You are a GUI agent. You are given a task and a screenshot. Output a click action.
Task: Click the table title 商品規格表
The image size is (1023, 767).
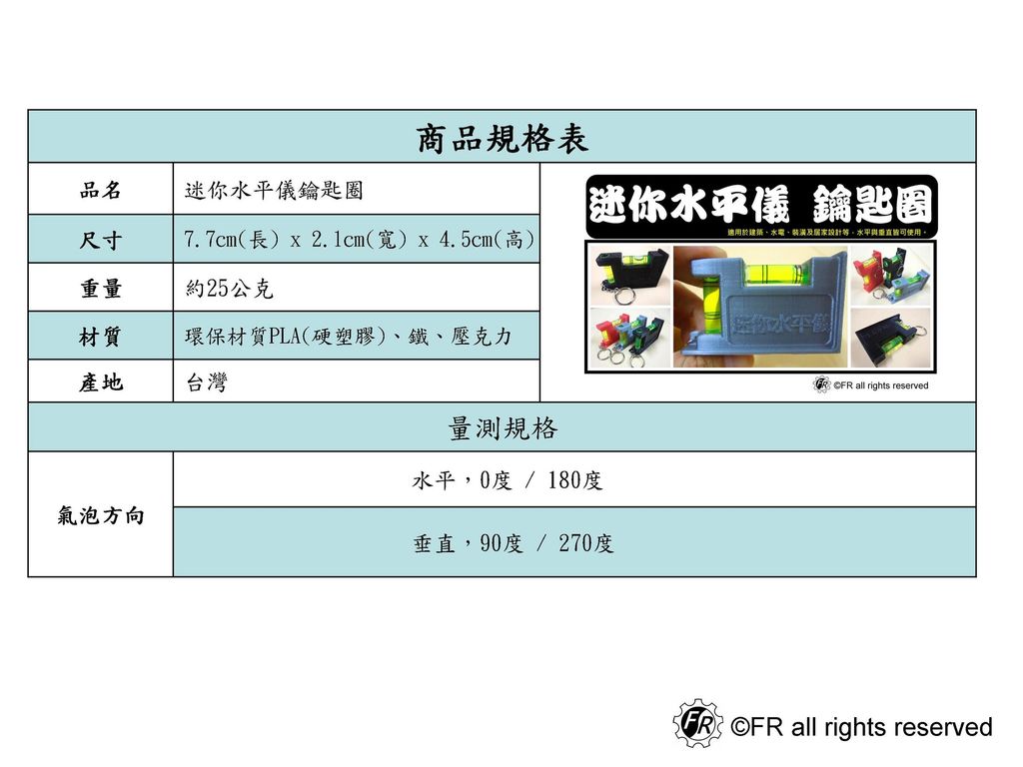coord(502,139)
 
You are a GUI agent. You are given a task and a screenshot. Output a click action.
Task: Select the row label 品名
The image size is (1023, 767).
coord(101,190)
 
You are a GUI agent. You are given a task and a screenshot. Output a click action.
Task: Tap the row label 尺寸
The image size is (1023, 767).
coord(101,241)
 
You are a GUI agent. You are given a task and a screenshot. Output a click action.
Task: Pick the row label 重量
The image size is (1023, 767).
coord(101,290)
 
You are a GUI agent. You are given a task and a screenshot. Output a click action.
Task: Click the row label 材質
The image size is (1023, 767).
coord(101,338)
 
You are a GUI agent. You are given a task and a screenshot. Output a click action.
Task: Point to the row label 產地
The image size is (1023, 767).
coord(101,383)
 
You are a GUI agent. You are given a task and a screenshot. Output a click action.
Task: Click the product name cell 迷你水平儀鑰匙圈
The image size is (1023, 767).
coord(267,190)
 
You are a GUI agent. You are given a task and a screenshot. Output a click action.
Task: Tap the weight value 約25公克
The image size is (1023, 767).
coord(230,290)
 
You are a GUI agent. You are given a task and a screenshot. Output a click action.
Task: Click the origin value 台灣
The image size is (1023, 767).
coord(206,383)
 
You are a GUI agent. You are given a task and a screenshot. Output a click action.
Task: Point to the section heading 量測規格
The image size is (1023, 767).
coord(502,429)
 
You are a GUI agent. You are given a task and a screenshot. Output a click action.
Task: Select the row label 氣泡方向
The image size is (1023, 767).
coord(101,516)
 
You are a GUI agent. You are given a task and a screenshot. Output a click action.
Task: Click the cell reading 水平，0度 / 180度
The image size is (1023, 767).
coord(508,481)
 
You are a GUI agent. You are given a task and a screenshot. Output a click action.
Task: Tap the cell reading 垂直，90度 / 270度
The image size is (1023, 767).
coord(513,543)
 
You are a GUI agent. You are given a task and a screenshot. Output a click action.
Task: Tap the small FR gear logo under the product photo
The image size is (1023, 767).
coord(822,384)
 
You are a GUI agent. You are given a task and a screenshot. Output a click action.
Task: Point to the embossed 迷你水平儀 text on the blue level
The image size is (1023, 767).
coord(774,324)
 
